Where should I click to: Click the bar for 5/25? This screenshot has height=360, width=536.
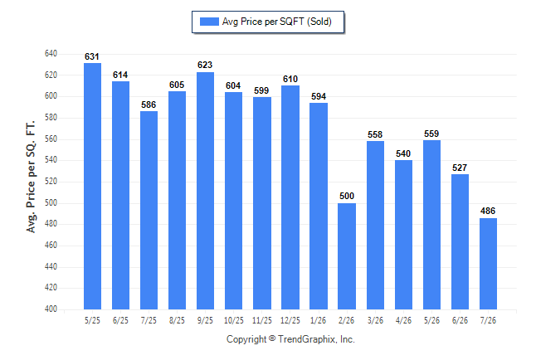coord(92,186)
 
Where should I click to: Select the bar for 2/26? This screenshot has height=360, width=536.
coord(347,256)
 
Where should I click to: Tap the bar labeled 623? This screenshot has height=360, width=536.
coord(205,191)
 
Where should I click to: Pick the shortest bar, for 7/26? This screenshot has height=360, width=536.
coord(488,264)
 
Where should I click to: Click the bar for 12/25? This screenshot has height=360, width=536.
coord(290,197)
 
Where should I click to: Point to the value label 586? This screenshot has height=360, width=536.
coord(149,105)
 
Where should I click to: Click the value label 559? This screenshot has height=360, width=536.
coord(431,134)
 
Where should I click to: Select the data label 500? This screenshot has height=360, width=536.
coord(347,196)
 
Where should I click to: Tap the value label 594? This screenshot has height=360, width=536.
coord(319,96)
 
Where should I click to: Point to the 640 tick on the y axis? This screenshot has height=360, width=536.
coord(51,54)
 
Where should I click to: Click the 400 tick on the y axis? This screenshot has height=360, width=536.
coord(51,309)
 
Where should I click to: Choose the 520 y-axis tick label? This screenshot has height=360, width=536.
coord(51,181)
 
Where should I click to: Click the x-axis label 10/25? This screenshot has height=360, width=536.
coord(234,320)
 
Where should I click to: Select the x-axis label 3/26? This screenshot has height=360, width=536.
coord(375,320)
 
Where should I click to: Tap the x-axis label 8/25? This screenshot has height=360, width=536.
coord(177,320)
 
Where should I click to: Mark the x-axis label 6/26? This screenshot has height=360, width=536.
coord(460,320)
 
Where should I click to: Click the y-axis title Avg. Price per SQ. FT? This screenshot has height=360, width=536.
coord(31,177)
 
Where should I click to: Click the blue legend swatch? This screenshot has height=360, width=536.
coord(209,22)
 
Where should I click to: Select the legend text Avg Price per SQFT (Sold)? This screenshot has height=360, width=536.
coord(277,22)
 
